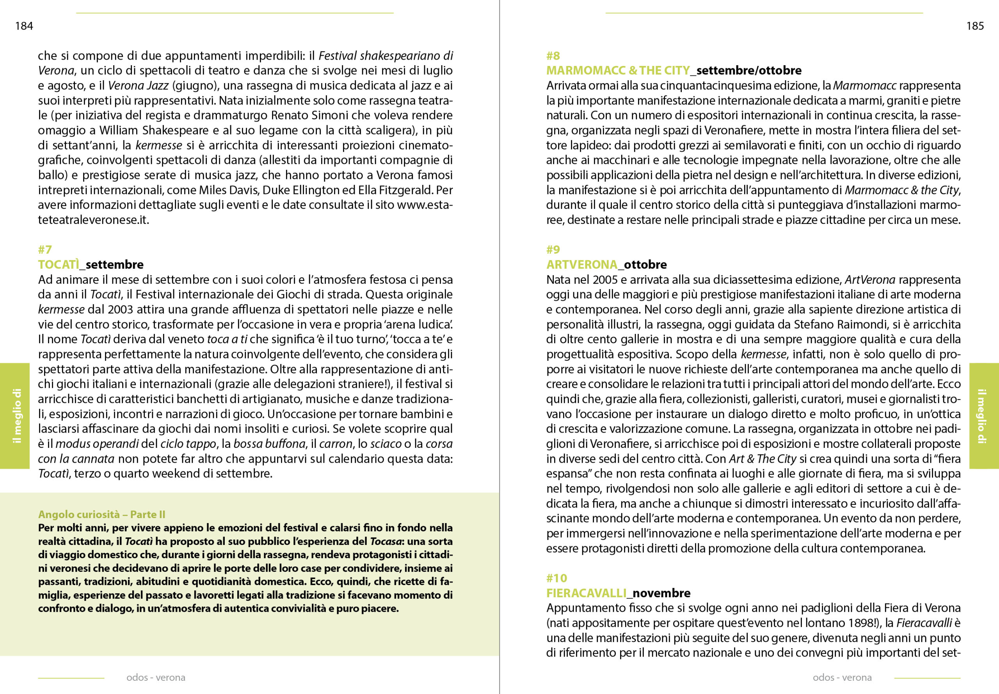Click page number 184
coord(24,26)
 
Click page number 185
coord(975,26)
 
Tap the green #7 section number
coord(45,250)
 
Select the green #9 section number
coord(553,250)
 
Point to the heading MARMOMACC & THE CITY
coord(618,71)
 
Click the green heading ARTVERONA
coord(582,264)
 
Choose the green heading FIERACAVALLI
coord(586,593)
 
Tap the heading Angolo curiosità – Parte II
coord(102,515)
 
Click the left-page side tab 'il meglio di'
coord(16,416)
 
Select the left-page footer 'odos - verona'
coord(156,678)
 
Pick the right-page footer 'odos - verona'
coord(842,678)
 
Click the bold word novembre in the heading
coord(661,593)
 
